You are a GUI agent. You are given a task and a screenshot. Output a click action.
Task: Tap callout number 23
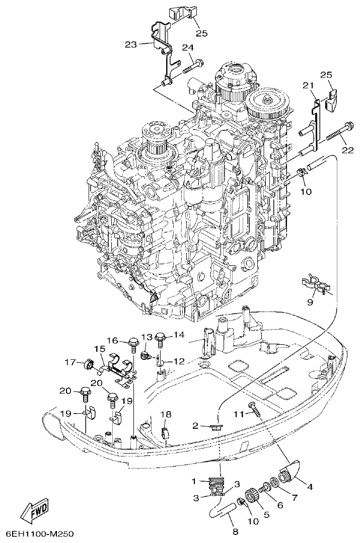pos(131,44)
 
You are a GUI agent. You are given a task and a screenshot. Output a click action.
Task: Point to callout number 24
pos(188,48)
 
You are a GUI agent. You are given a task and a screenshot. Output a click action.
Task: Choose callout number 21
pos(308,87)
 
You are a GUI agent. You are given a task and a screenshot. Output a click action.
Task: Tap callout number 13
pos(146,337)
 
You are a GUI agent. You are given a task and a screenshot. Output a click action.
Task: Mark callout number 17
pos(69,361)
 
